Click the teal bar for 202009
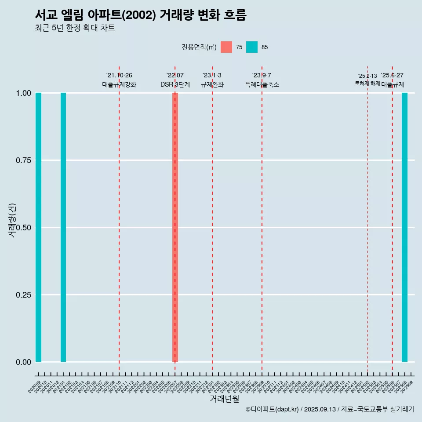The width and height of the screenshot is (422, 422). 38,227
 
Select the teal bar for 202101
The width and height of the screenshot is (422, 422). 63,227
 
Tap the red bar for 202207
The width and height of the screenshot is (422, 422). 175,227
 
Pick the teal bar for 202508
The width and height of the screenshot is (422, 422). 404,227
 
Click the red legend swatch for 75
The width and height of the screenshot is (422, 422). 226,47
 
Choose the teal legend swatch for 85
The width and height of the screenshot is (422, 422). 252,47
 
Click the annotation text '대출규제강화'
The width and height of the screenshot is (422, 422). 119,84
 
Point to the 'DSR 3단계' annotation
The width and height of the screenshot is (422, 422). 175,84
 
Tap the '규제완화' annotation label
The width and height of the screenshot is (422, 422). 212,84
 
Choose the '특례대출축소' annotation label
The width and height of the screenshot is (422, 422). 262,84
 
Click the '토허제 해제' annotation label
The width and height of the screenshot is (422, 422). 367,84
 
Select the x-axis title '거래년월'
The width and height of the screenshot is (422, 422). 225,399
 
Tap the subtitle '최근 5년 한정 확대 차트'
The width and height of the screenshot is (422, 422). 75,28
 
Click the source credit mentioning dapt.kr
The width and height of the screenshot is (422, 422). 330,409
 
